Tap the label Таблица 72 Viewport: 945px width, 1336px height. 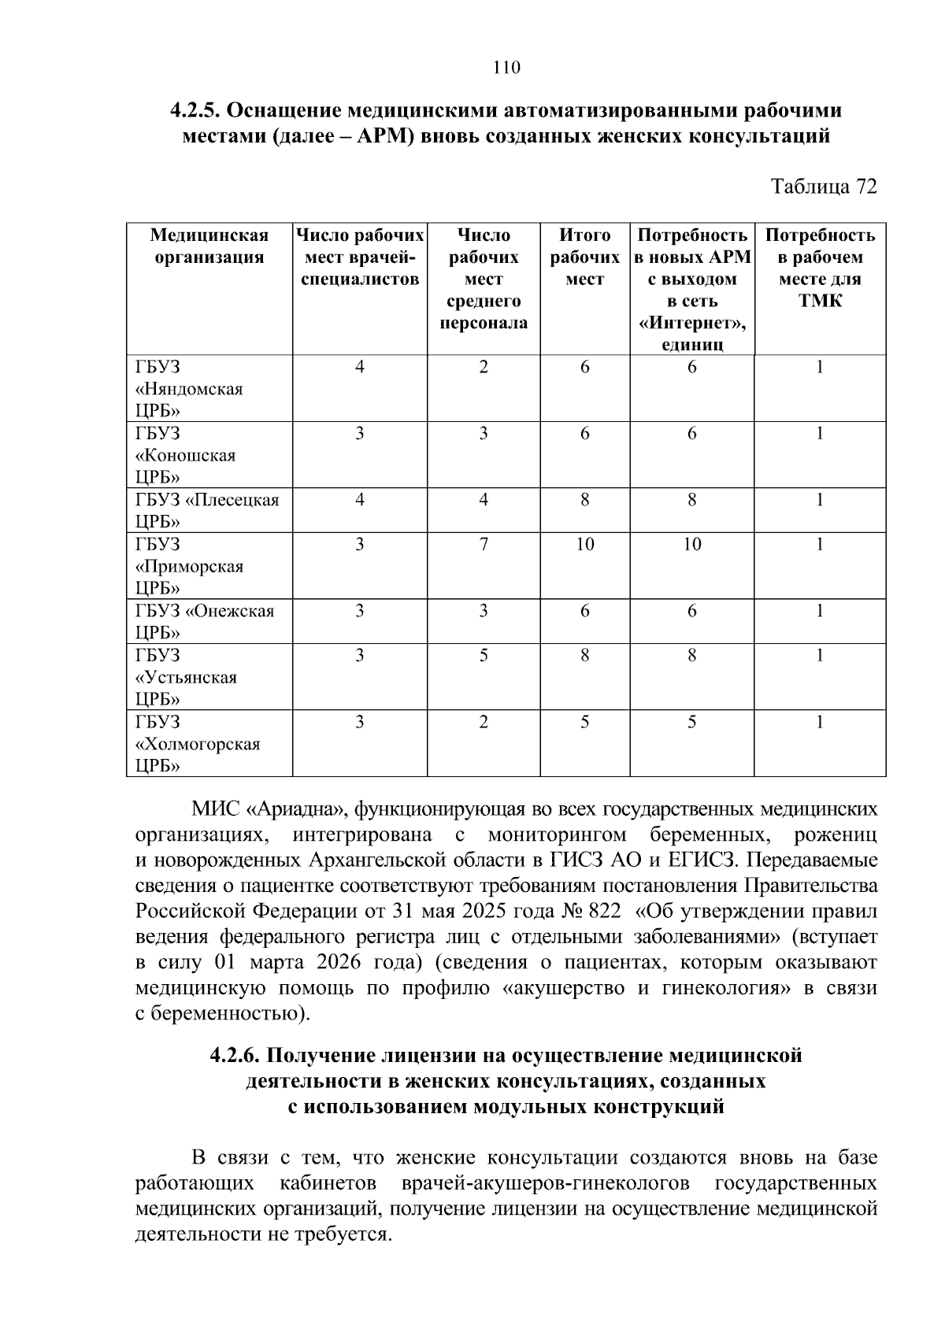824,187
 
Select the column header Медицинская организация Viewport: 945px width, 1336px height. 209,246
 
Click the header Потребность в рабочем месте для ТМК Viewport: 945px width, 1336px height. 820,268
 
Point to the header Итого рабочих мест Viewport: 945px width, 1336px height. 584,257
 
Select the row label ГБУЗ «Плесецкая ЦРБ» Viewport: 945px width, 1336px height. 207,510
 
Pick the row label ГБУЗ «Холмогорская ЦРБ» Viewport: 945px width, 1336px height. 197,744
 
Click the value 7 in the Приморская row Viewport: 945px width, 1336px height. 484,545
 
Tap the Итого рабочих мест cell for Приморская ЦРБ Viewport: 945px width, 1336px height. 584,545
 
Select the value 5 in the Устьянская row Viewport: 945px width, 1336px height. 484,656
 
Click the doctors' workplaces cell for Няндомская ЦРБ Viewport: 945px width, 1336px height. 359,367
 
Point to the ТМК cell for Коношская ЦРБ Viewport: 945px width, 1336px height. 820,434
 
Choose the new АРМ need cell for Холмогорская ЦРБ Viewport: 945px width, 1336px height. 691,723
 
